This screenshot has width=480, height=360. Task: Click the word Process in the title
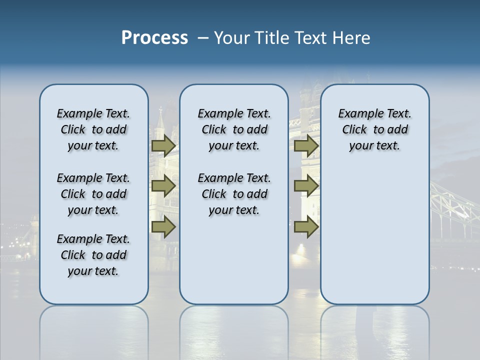154,38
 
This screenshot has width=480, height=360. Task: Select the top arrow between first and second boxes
163,146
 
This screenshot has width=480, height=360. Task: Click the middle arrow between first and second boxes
163,186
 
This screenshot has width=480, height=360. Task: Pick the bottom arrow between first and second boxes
163,227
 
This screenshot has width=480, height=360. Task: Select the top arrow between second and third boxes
306,146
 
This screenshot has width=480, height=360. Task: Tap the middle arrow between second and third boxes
306,186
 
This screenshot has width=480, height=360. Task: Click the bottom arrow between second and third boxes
306,227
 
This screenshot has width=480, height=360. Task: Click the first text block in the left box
93,130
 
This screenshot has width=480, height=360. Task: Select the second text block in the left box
93,194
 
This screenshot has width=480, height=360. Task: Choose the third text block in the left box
93,255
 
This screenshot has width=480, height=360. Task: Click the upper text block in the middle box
234,130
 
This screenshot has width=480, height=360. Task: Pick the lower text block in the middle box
234,194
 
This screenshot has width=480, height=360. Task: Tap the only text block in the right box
374,130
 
